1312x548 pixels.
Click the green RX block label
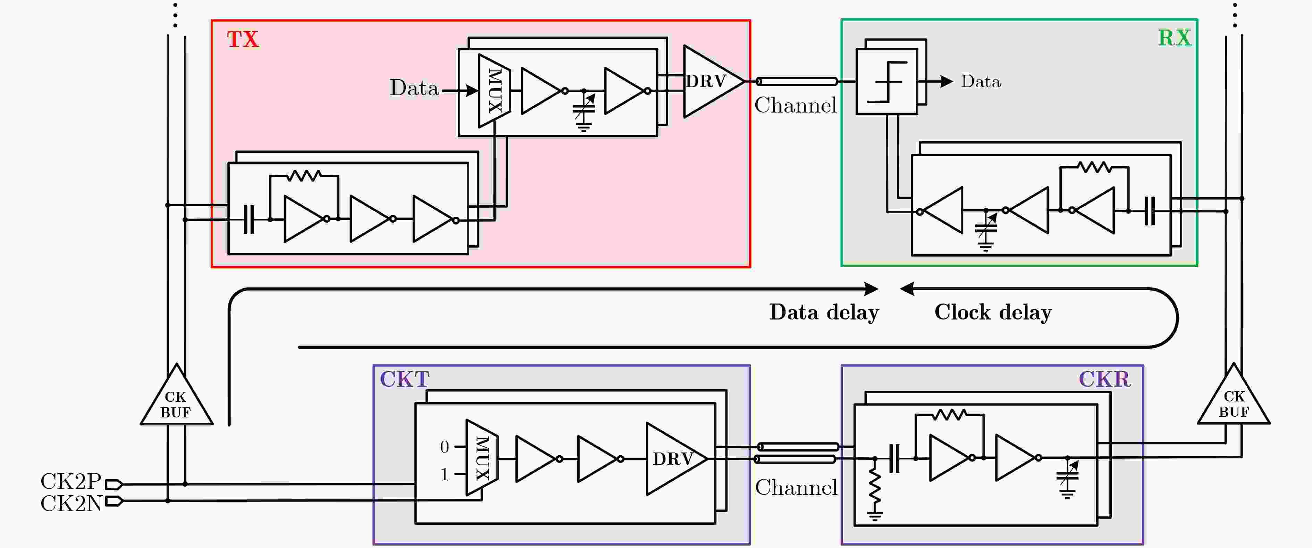(x=1175, y=38)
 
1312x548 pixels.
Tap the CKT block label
(x=405, y=379)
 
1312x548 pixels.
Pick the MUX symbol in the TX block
(x=494, y=91)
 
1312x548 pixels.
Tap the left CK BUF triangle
(x=176, y=398)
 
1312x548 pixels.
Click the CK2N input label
(x=71, y=504)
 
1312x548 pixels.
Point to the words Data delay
(x=824, y=312)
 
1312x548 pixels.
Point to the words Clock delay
(x=993, y=312)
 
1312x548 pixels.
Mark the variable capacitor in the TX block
(x=584, y=111)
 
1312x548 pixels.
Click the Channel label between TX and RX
(x=796, y=106)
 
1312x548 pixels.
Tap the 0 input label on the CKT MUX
(x=445, y=447)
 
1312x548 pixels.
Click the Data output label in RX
(x=981, y=82)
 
